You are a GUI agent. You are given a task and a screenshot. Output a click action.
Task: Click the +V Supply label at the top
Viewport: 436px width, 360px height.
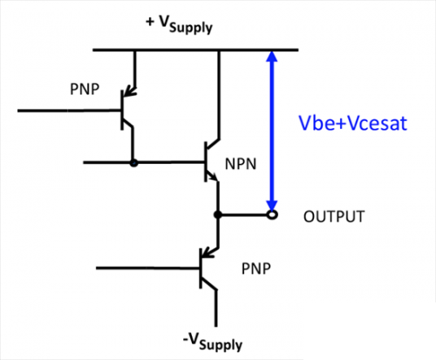point(179,25)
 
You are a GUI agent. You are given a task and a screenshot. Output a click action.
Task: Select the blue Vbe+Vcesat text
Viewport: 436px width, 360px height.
point(353,123)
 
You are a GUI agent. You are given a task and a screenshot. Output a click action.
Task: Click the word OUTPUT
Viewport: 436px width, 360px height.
point(334,217)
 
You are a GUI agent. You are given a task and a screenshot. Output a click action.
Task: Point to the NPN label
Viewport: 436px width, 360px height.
point(241,164)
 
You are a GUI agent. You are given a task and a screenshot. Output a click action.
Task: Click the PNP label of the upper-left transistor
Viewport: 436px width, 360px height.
point(85,89)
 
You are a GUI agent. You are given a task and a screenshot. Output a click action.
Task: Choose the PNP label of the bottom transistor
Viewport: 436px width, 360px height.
point(256,268)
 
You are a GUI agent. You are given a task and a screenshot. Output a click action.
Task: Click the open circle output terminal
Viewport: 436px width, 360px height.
point(272,215)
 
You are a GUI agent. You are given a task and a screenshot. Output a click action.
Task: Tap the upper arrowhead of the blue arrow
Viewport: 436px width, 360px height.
point(272,57)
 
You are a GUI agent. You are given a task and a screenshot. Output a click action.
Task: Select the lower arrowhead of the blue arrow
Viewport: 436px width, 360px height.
point(272,206)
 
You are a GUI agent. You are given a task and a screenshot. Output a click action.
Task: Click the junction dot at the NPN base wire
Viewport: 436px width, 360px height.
point(133,163)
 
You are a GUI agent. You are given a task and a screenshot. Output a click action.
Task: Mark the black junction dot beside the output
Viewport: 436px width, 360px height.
point(218,215)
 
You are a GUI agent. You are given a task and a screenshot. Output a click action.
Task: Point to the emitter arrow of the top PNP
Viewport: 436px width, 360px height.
point(129,92)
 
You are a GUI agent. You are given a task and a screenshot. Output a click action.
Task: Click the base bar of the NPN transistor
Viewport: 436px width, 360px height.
point(206,162)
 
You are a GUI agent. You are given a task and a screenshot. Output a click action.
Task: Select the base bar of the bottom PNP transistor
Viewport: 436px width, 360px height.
point(201,268)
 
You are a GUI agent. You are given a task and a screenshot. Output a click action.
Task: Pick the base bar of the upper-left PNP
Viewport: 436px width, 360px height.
point(122,110)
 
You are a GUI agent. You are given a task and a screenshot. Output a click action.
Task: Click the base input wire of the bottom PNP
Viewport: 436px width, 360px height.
point(147,268)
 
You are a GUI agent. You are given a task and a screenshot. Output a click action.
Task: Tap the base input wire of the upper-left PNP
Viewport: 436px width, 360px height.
point(69,111)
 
